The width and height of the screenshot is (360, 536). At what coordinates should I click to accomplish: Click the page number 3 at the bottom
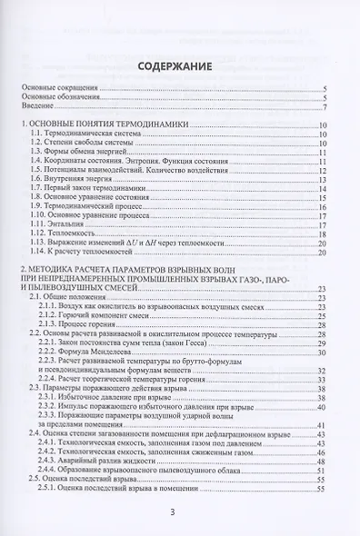[180, 511]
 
